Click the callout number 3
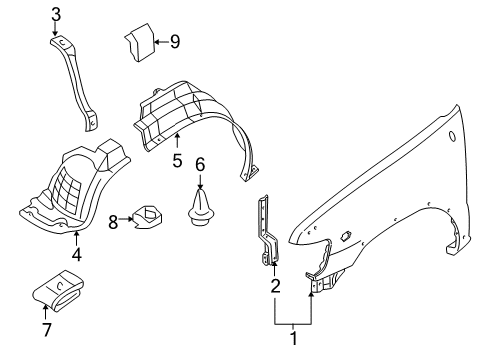pos(56,15)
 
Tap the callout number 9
pos(175,42)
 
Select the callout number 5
pos(178,160)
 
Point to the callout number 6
pos(200,165)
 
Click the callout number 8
pos(113,222)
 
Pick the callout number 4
pos(77,255)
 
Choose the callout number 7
pos(47,330)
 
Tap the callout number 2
pos(275,286)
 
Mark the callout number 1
pos(294,339)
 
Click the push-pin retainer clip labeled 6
pos(200,207)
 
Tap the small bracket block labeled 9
pos(140,42)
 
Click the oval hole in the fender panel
pos(452,136)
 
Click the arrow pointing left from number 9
pos(162,42)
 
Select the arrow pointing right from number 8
pos(126,219)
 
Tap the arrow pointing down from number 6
pos(200,182)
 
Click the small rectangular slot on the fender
pos(346,235)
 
